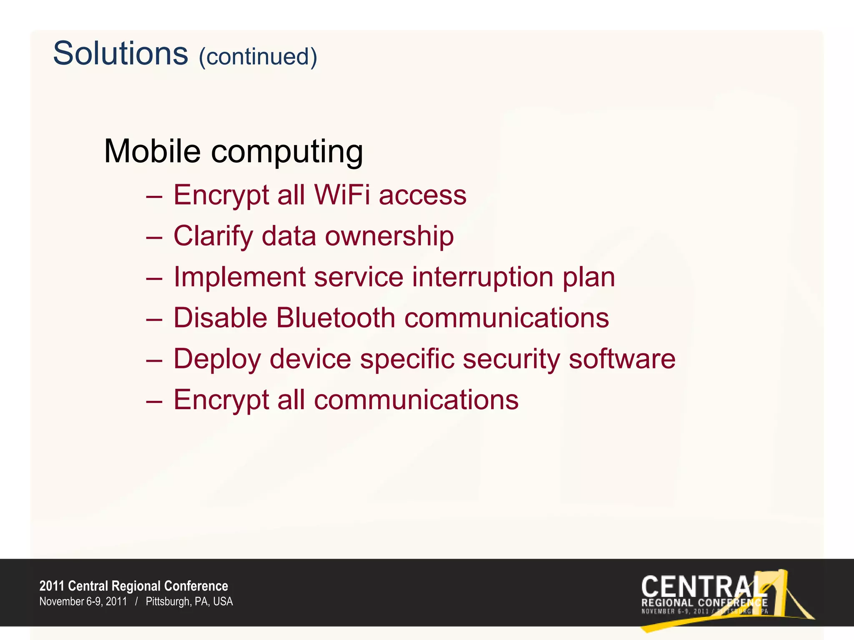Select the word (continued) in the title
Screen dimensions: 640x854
click(258, 57)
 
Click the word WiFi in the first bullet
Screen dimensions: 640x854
click(342, 195)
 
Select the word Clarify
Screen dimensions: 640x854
click(213, 236)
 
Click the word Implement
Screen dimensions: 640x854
click(239, 277)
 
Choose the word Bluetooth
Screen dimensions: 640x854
click(335, 318)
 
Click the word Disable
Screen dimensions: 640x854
click(220, 318)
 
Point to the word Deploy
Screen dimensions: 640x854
click(217, 359)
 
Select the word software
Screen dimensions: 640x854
click(622, 359)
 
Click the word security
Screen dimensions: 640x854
click(511, 359)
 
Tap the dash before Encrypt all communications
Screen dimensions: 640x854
click(154, 400)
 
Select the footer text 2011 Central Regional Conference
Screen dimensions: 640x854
click(133, 586)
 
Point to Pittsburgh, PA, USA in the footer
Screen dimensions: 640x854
click(189, 602)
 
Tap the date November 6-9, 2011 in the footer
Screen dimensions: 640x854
click(83, 602)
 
